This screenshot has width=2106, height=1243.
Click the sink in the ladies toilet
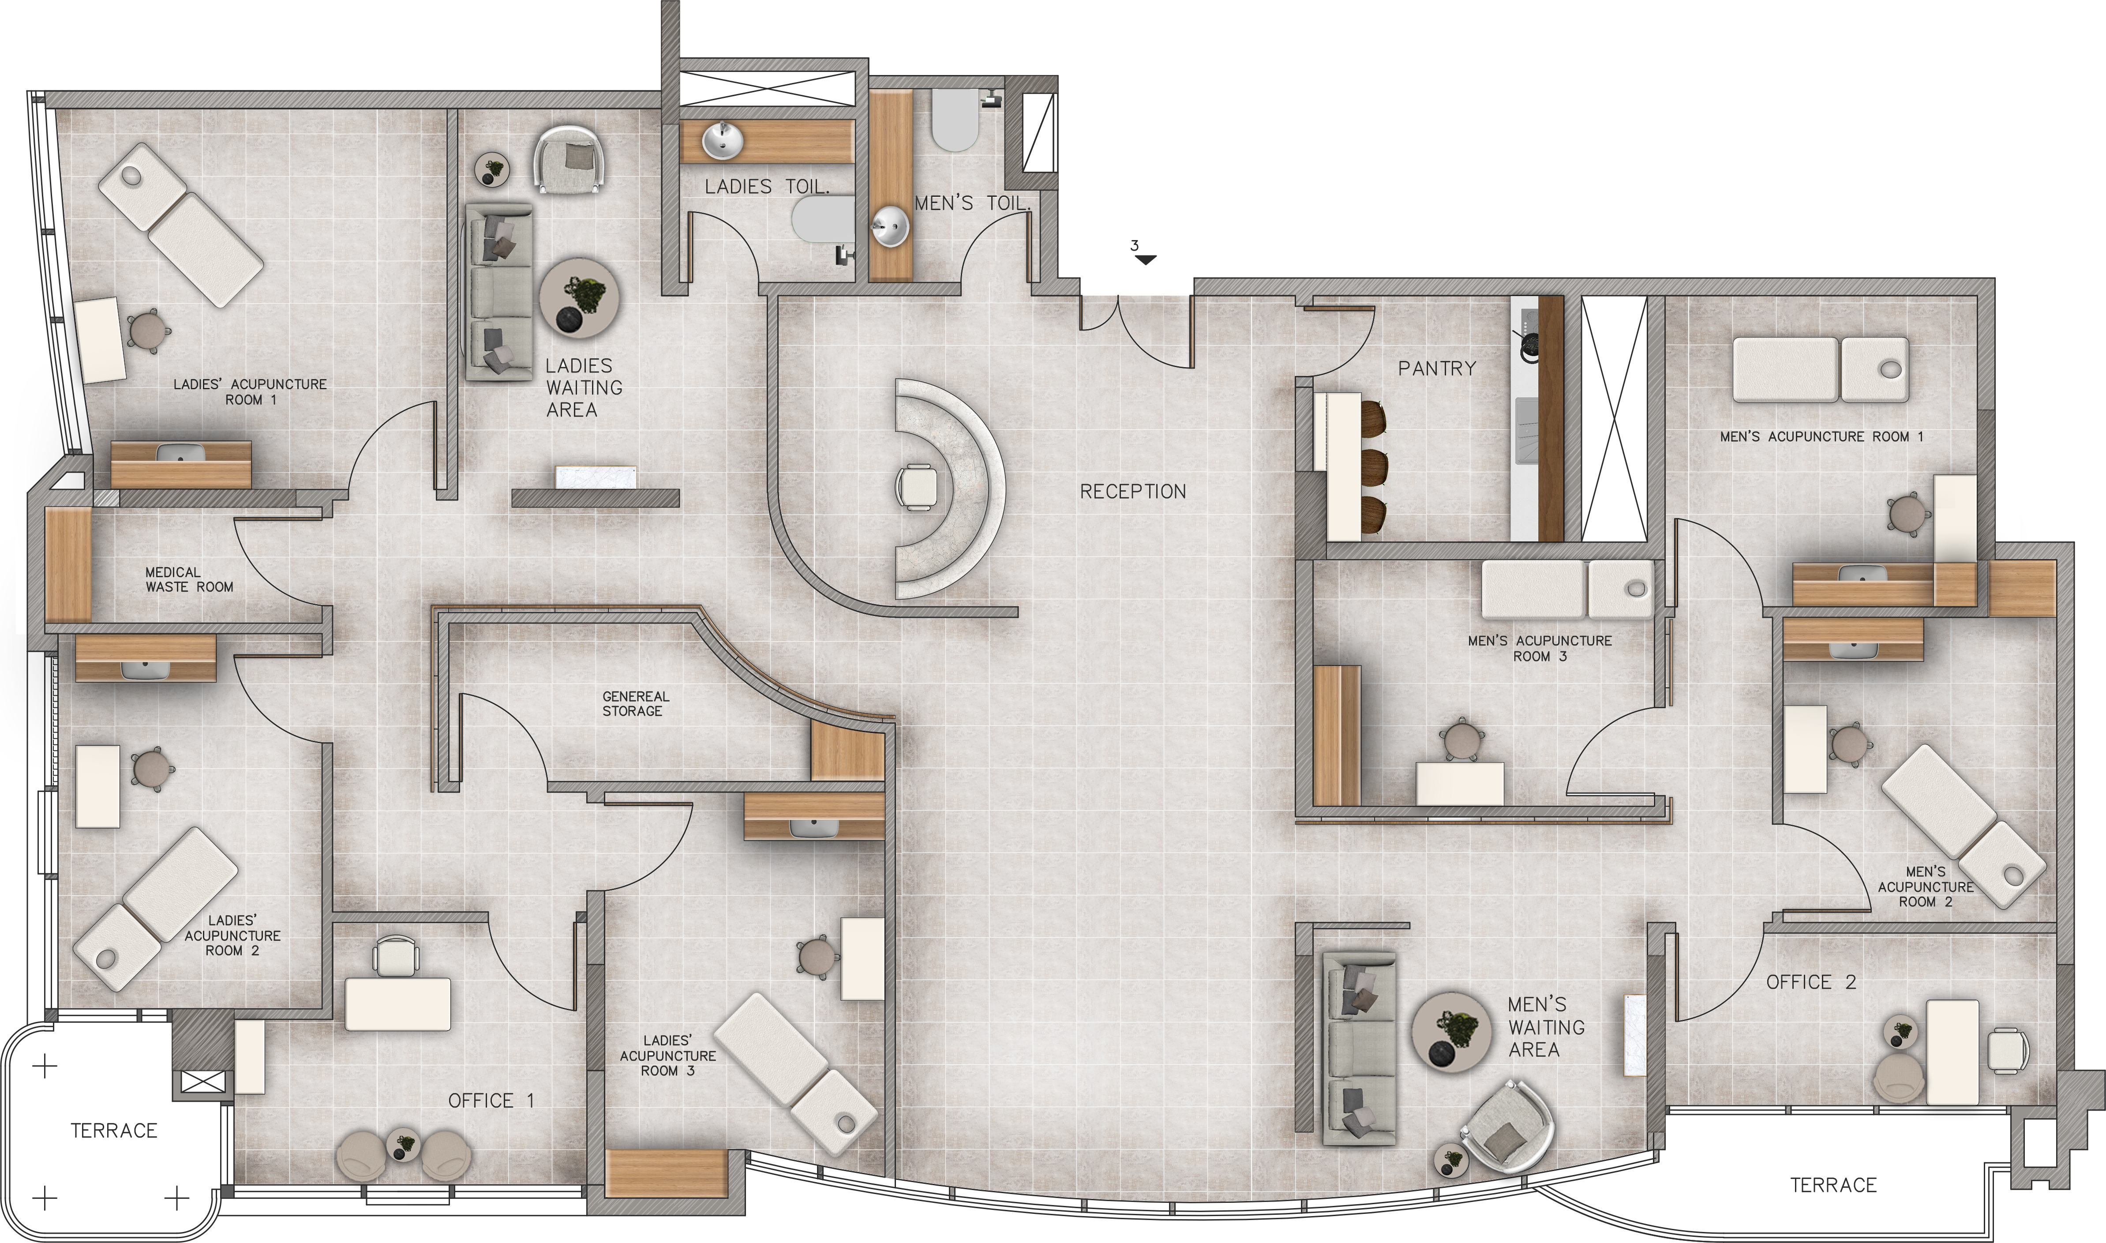point(722,141)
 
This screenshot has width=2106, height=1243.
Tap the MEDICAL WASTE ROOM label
point(189,580)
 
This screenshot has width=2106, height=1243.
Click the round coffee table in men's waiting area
point(1451,1032)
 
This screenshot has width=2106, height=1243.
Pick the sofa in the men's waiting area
point(1358,1047)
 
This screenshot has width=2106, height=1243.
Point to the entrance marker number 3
point(1135,246)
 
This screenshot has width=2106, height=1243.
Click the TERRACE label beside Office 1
point(114,1131)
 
